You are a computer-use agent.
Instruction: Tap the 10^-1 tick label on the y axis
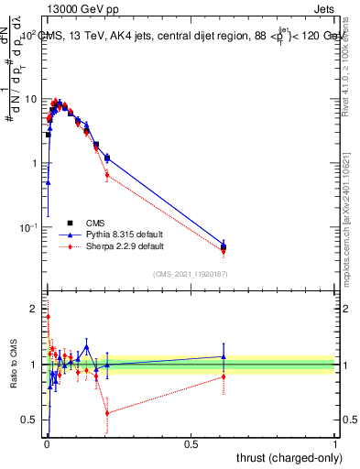31,226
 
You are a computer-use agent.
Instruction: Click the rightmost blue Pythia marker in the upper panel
224,244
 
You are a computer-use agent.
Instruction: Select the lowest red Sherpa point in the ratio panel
107,413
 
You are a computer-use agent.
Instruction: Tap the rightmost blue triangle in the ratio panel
224,356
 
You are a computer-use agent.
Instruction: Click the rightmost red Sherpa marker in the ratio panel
224,376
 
